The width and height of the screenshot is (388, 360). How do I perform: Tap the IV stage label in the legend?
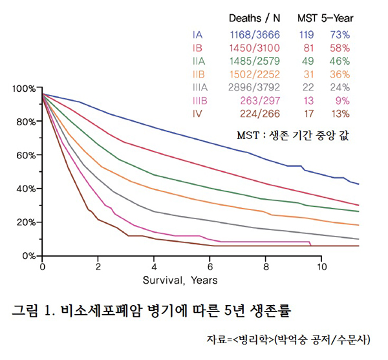click(197, 114)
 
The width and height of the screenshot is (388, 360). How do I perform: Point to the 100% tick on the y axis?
click(23, 89)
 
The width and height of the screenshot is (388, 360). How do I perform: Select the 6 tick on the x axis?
click(210, 266)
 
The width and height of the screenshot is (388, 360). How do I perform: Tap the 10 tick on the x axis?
click(321, 266)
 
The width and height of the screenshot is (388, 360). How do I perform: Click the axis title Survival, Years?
click(181, 281)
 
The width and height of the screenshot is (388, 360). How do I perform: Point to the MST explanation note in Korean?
click(288, 136)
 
